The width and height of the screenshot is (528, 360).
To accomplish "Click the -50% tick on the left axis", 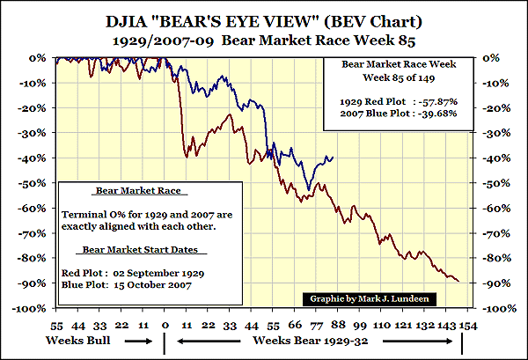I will coord(35,183).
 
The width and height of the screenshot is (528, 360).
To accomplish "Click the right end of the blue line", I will coord(334,157).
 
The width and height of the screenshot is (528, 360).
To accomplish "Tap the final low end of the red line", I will coord(458,281).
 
